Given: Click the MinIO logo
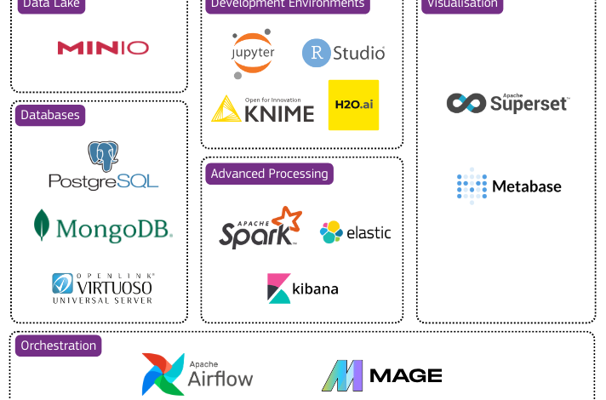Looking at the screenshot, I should coord(103,48).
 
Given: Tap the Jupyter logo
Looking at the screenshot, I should coord(254,52).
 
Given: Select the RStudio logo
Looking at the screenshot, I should coord(344,53).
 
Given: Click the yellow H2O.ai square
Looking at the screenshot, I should coord(353,105).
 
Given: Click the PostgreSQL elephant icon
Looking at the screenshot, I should coord(103,155).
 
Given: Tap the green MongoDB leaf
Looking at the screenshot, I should coord(42,226).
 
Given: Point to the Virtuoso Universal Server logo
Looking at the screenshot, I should coord(103,288).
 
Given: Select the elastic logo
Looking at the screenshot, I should coord(355,231).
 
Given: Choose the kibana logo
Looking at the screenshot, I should coord(303,289).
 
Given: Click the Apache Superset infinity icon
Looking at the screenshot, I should coord(466,103).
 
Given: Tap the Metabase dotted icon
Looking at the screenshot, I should coord(472,186).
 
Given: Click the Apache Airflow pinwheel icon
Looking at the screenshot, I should coord(163,374).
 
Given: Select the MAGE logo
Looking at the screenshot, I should coord(381,375).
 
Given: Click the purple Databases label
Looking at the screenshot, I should coord(50,115).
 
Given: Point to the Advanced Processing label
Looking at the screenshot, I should coord(269,174).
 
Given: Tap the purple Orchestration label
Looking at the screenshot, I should coord(58,346).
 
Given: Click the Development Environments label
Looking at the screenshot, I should coord(288,4).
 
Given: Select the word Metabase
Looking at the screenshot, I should coord(527,186).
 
